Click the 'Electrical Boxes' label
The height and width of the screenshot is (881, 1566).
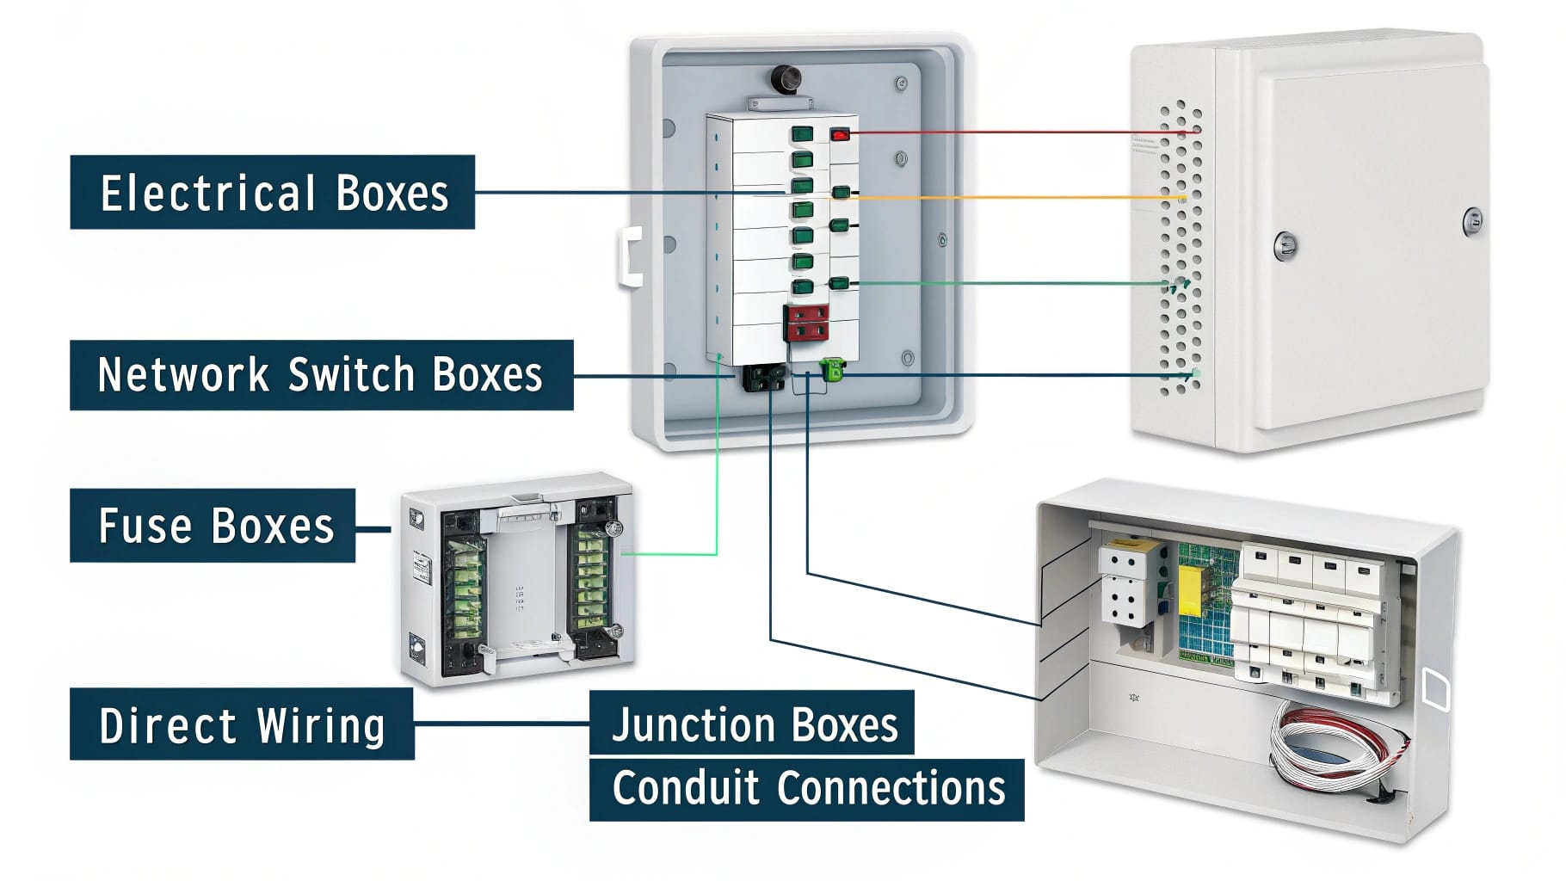272,192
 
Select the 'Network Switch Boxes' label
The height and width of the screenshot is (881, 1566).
321,375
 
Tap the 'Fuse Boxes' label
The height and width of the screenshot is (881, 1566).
213,526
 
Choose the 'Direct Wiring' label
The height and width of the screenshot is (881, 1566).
242,724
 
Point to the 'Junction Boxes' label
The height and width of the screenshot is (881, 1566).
752,724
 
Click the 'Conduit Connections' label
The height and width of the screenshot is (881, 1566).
806,789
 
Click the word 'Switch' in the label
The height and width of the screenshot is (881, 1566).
351,375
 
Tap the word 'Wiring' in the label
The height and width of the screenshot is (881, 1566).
321,724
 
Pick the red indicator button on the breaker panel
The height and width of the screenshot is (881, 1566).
840,134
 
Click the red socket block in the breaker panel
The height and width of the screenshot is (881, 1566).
806,323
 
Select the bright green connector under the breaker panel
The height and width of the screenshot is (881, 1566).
832,370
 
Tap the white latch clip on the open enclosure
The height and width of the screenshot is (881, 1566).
631,257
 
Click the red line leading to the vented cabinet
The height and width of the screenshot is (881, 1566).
1015,133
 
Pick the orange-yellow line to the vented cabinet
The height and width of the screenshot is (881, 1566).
1015,198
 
